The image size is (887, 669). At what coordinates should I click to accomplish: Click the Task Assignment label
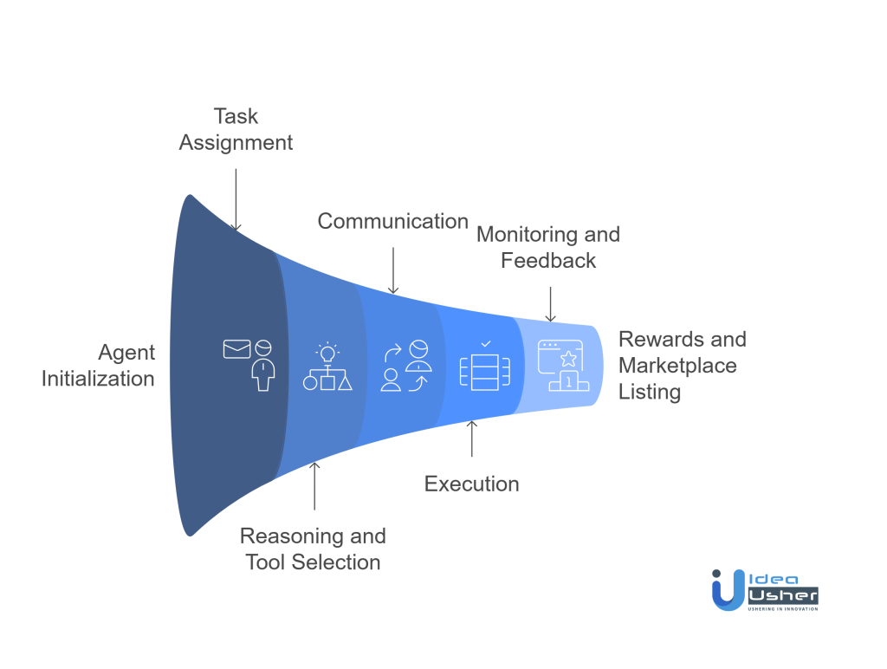[x=236, y=129]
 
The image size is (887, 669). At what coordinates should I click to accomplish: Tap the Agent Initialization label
[x=99, y=366]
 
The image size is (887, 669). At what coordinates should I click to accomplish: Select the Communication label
[x=393, y=221]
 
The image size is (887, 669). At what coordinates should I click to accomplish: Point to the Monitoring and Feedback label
[x=548, y=247]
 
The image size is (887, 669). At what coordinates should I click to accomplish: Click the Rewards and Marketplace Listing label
[x=682, y=365]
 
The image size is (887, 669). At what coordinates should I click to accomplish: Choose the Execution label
[x=471, y=483]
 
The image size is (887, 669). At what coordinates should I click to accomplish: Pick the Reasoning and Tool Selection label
[x=313, y=549]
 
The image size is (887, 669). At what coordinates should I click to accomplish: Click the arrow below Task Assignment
[x=236, y=198]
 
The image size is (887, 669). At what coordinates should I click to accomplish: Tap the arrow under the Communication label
[x=393, y=270]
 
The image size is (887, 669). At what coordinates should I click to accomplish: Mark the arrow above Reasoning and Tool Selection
[x=314, y=484]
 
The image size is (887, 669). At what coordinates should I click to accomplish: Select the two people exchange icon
[x=405, y=366]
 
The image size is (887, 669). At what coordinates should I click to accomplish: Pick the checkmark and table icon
[x=484, y=366]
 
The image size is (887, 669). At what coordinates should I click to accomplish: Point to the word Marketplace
[x=677, y=366]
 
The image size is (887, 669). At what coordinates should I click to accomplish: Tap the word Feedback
[x=548, y=260]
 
